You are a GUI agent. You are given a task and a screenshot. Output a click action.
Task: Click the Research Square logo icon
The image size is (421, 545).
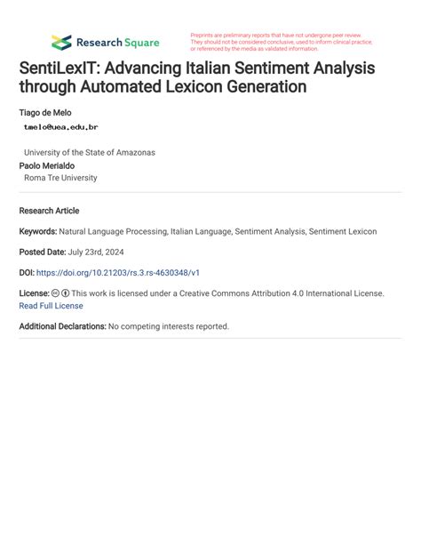click(61, 42)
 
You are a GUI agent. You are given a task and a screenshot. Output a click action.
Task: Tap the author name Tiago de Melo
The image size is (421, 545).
click(45, 113)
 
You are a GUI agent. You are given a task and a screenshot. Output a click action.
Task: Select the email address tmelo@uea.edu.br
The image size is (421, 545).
click(61, 127)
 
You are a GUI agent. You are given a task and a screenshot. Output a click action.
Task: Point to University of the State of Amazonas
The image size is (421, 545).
click(89, 152)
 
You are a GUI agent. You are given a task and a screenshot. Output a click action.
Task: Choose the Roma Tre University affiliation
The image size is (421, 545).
click(60, 178)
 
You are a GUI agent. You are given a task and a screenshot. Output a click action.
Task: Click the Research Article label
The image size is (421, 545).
click(49, 211)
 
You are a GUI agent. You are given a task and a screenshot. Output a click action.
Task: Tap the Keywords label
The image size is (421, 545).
click(38, 231)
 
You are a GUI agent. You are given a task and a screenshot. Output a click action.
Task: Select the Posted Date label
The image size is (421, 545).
click(42, 252)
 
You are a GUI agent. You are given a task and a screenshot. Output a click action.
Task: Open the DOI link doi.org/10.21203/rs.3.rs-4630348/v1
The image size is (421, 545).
click(130, 272)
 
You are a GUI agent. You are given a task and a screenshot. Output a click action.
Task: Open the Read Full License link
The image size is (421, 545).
click(51, 306)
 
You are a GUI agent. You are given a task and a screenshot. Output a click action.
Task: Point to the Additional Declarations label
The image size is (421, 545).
click(62, 326)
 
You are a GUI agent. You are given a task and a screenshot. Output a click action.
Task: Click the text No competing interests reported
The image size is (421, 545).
click(169, 326)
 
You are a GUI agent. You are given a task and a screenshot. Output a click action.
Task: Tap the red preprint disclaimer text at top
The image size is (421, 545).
click(280, 42)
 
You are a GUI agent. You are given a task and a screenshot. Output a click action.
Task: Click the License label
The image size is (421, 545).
click(34, 293)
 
